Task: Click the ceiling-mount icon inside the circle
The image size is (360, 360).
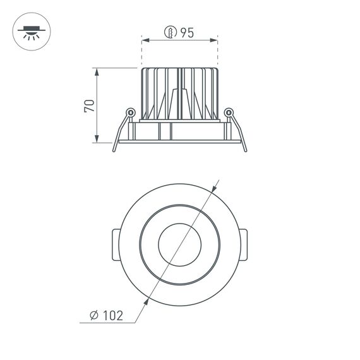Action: [30, 32]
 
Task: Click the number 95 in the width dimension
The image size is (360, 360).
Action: [186, 33]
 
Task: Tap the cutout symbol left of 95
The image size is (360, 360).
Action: [169, 33]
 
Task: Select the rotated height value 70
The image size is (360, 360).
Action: [90, 105]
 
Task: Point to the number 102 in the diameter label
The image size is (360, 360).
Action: [112, 314]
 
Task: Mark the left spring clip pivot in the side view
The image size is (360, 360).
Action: [130, 113]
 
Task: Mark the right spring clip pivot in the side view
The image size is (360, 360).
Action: [229, 113]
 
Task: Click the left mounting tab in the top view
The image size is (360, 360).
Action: [114, 246]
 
